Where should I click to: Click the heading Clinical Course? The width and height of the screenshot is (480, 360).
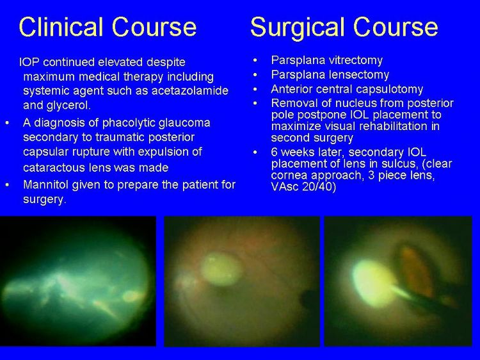108,27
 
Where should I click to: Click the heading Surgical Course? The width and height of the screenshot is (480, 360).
344,27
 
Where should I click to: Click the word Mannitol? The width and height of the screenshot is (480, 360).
42,184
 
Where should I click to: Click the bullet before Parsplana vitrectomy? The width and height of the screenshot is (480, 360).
255,60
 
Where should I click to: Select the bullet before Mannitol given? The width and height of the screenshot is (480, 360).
7,184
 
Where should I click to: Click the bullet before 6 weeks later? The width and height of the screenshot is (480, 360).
255,152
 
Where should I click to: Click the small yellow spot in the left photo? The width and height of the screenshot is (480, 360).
131,296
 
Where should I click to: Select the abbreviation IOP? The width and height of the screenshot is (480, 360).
29,62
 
